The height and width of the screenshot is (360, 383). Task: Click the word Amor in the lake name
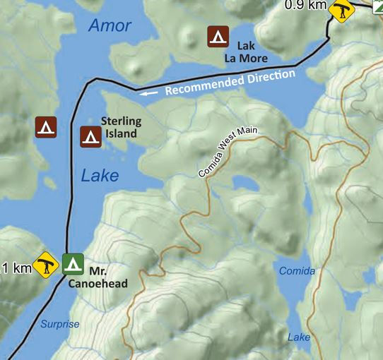(x=110, y=26)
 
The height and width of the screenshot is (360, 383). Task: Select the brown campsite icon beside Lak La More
(x=217, y=36)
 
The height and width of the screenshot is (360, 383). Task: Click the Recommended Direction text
(x=230, y=82)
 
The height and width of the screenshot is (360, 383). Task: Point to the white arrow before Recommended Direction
(x=148, y=92)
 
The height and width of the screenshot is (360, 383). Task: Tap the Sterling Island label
(x=121, y=127)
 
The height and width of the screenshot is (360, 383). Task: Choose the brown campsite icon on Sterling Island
(x=90, y=136)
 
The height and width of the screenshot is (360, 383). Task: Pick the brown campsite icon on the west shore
(x=46, y=127)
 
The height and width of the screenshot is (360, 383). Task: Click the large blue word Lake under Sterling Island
(x=100, y=176)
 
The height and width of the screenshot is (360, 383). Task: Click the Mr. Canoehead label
(x=97, y=277)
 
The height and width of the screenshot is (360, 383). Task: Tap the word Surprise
(x=59, y=324)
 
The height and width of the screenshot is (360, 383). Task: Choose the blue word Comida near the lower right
(x=297, y=271)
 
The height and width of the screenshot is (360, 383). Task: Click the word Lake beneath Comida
(x=299, y=337)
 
